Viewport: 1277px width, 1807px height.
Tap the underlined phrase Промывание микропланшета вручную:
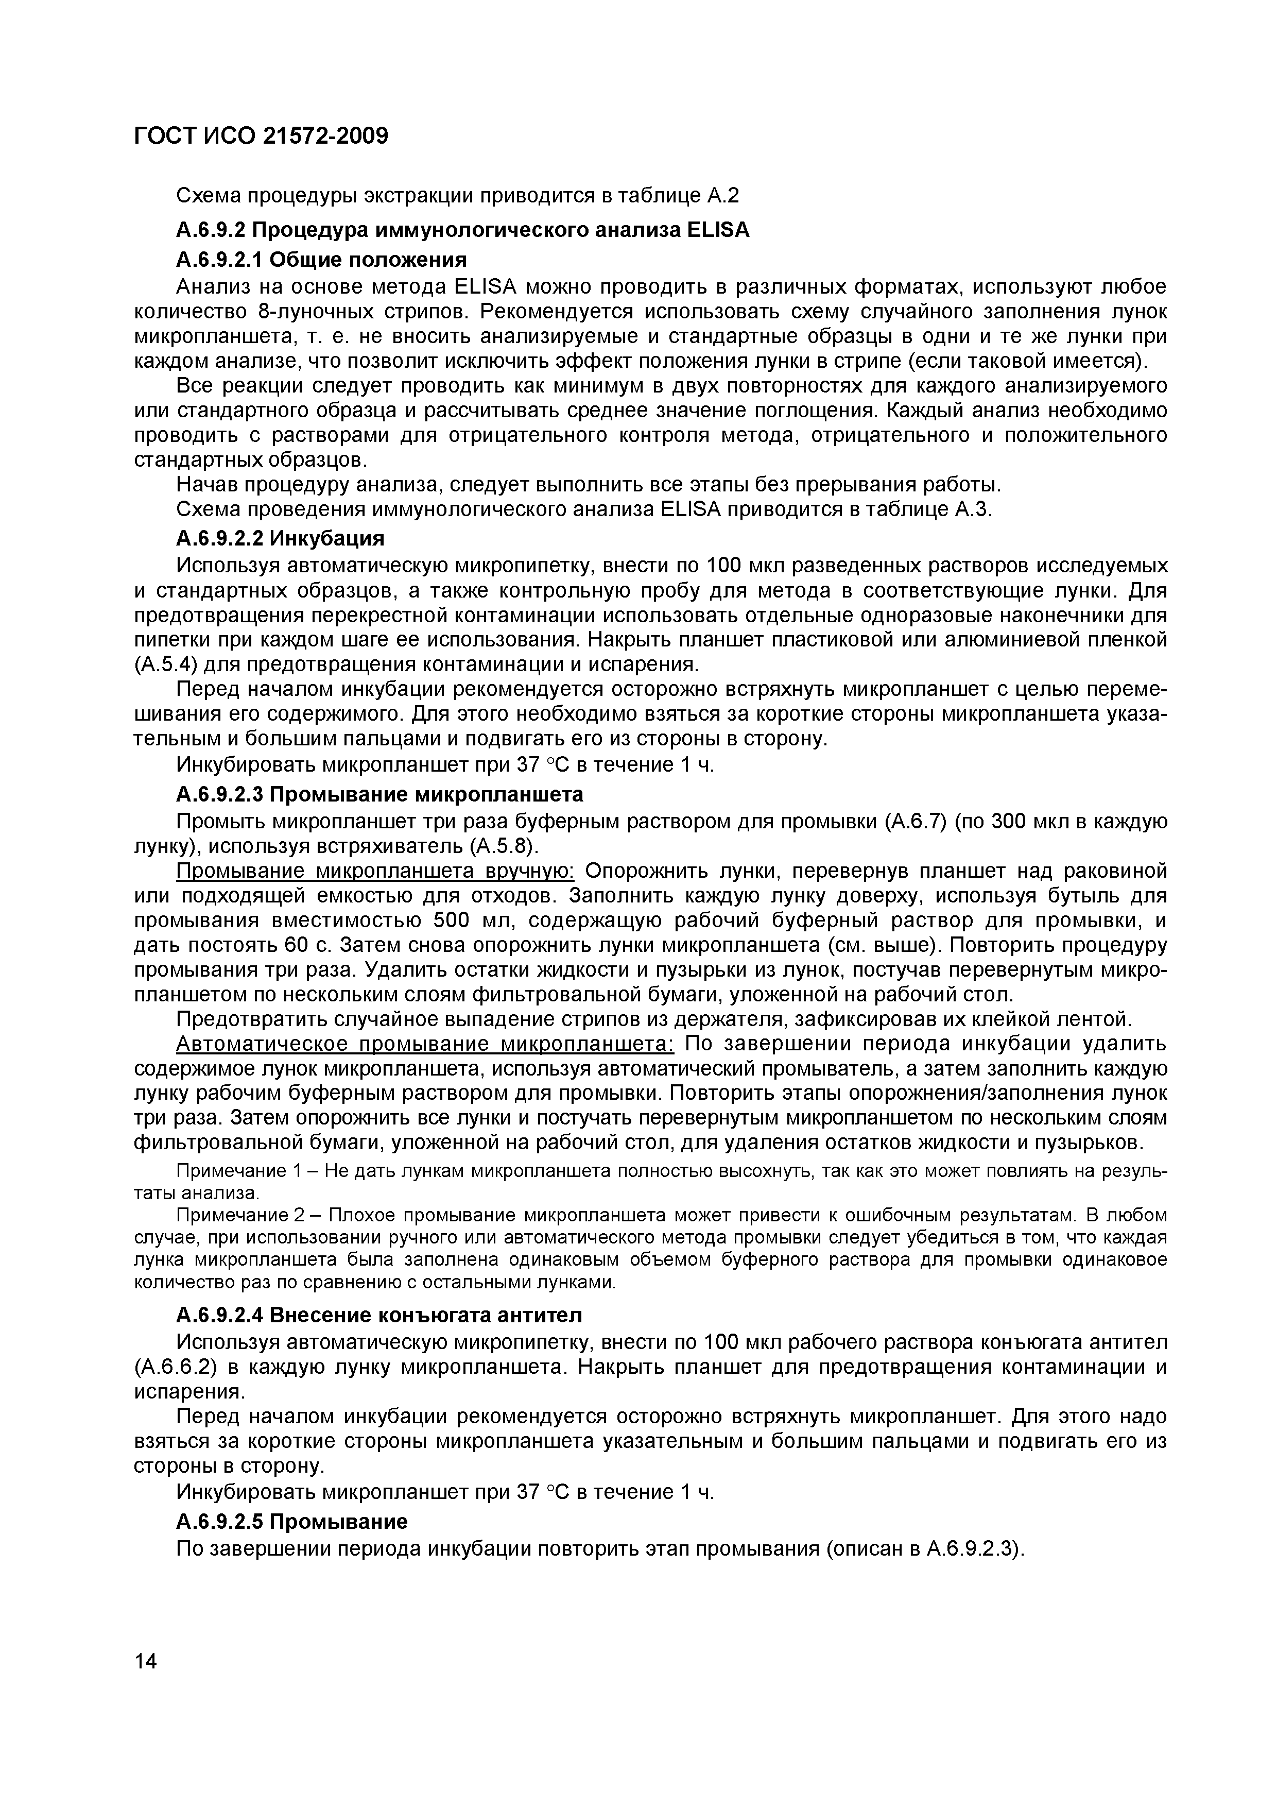(376, 871)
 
